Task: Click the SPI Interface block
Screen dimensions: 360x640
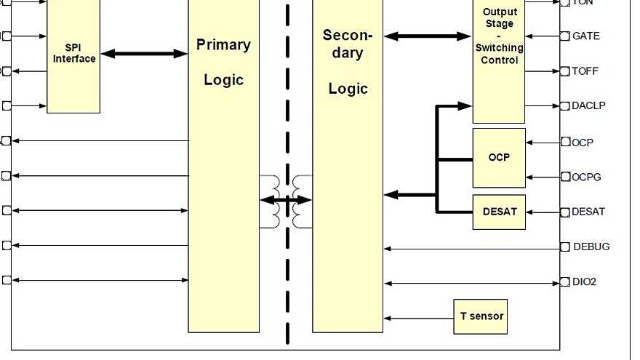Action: point(73,54)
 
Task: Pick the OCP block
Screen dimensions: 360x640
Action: point(499,158)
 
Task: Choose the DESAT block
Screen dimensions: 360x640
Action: point(499,212)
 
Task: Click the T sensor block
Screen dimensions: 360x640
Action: point(480,316)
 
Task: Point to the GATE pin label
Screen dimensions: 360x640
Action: point(586,36)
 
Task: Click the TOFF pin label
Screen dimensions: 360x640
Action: point(585,71)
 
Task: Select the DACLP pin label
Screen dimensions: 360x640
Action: point(588,105)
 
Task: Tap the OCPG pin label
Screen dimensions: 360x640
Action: point(586,177)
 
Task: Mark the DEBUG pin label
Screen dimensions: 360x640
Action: point(591,247)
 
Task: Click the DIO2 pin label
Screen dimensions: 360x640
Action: point(584,282)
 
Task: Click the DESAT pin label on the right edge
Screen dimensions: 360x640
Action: point(588,212)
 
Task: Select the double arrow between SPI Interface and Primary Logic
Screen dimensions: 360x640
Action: point(144,53)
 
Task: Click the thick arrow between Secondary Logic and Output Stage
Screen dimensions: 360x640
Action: point(428,36)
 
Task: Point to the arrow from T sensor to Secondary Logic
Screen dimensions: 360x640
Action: point(418,318)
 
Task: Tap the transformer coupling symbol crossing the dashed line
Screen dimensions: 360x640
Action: point(287,200)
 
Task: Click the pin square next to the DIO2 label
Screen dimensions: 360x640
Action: point(565,282)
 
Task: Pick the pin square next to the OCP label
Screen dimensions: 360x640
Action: point(565,142)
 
